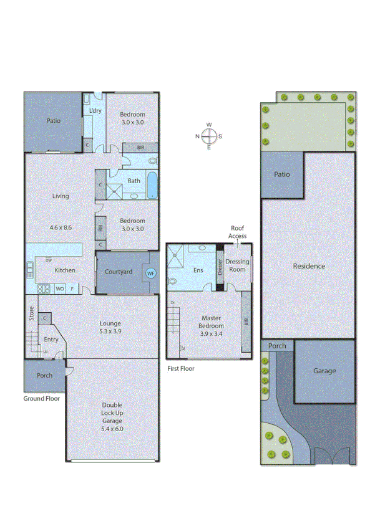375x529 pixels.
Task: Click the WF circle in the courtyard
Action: [150, 272]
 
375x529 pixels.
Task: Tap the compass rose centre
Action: [209, 136]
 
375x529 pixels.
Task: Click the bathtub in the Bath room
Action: [153, 185]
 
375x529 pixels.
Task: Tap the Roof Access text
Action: [238, 232]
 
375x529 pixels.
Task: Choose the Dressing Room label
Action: [237, 265]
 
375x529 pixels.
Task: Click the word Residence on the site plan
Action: [309, 266]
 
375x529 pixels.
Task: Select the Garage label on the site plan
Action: [324, 371]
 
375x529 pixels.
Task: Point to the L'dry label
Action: [95, 111]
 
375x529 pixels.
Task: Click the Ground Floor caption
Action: [42, 398]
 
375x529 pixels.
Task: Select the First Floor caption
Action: [181, 368]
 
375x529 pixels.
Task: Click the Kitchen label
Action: [65, 270]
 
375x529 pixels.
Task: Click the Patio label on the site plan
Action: [281, 174]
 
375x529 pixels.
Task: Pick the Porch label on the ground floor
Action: [45, 376]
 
